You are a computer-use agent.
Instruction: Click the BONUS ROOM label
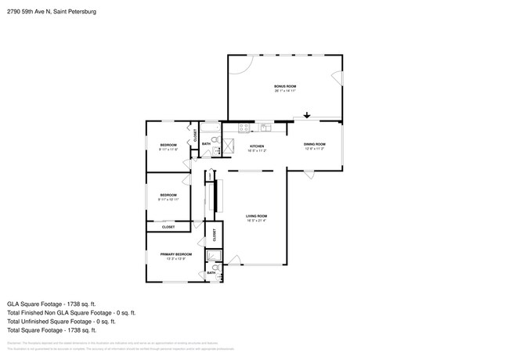284,86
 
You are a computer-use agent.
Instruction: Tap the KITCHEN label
257,146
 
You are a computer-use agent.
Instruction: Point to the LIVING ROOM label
257,216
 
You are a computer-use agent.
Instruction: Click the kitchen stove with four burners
244,127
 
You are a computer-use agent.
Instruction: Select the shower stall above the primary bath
212,255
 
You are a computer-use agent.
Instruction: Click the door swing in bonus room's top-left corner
240,65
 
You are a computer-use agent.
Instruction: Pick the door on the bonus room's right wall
338,79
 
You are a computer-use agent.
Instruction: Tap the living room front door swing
234,260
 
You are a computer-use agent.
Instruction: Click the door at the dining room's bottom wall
310,175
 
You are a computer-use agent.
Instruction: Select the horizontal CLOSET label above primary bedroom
168,227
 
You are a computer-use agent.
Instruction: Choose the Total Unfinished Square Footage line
61,321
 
